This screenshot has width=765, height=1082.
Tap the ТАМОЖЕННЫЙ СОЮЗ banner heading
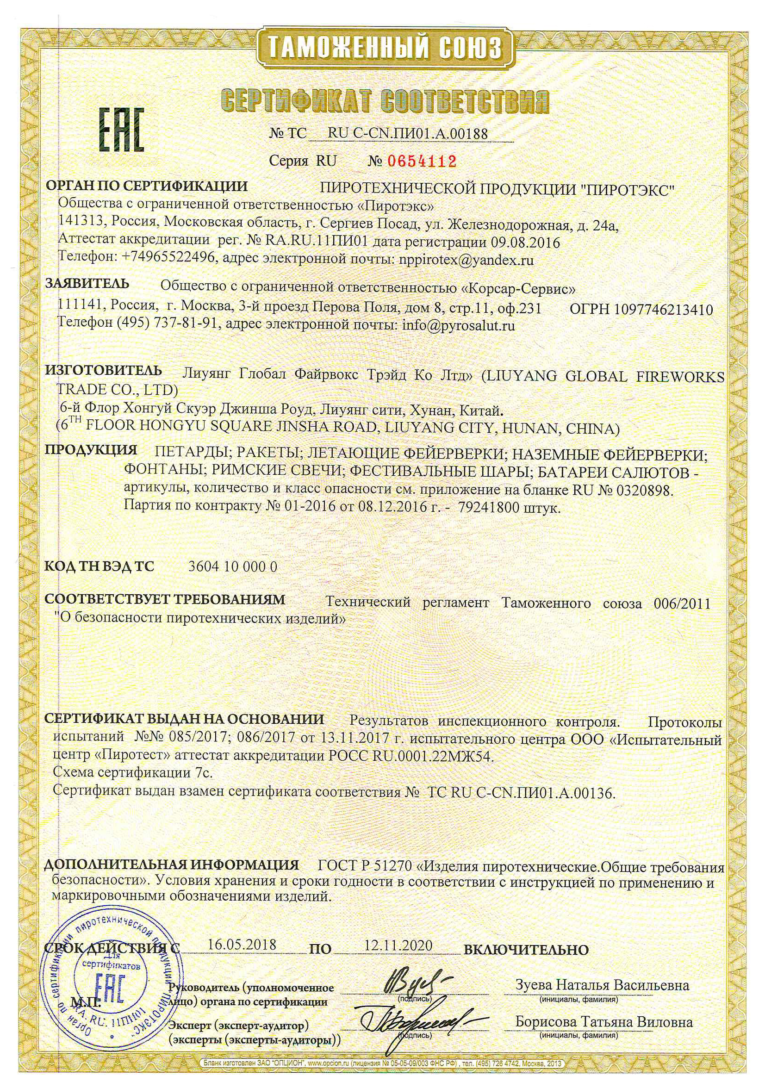[384, 49]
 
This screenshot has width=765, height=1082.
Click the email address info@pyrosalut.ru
[457, 325]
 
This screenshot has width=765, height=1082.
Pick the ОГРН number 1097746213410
[664, 310]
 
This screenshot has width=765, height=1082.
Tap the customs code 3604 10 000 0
[233, 566]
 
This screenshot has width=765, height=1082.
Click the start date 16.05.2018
[242, 945]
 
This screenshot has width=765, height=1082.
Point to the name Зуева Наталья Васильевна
[602, 985]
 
